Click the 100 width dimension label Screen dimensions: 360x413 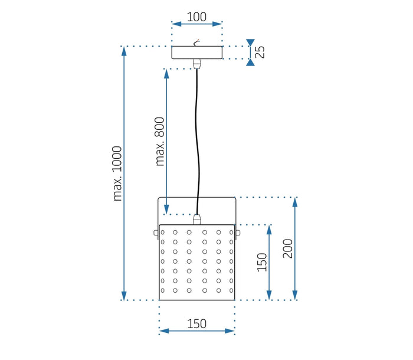pos(196,17)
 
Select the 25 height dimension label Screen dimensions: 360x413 pos(260,52)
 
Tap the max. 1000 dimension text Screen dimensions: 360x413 pos(117,173)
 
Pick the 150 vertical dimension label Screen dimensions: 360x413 pos(262,262)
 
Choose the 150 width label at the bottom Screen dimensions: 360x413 pos(196,323)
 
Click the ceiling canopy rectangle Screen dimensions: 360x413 pos(197,53)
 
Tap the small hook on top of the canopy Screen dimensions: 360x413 pos(198,42)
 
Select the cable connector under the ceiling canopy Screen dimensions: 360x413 pos(197,63)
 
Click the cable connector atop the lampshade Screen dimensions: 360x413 pos(197,219)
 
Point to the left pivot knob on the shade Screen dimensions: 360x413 pos(156,233)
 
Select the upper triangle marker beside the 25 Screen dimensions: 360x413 pos(251,42)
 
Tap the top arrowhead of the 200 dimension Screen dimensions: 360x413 pos(295,201)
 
